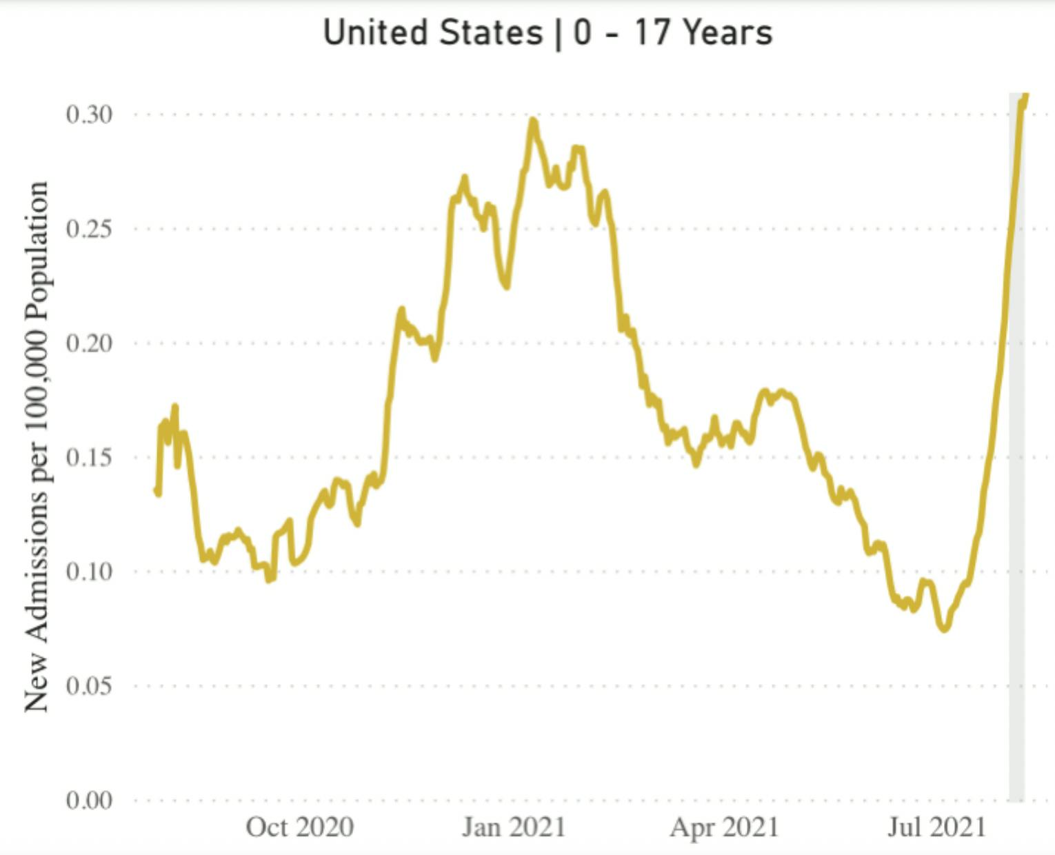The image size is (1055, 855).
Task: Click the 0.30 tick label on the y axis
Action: (89, 114)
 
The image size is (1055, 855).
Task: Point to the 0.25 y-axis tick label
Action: (89, 229)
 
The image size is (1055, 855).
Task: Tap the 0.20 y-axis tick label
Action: (89, 343)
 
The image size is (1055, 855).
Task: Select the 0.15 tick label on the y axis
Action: (89, 458)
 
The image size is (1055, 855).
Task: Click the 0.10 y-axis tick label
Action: (89, 572)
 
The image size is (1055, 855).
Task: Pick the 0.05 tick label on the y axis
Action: (89, 686)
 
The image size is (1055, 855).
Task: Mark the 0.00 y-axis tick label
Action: (89, 801)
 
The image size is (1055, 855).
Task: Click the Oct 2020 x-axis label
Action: (300, 827)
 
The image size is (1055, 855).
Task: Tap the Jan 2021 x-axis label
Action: (514, 827)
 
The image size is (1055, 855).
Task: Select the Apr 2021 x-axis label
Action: (724, 827)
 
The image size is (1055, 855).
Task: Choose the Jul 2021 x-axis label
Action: (936, 827)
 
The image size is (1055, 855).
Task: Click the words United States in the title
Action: (433, 32)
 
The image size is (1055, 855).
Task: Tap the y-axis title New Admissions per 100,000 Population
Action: (37, 447)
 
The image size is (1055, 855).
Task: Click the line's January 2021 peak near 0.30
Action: (532, 121)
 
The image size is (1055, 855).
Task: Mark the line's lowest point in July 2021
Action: (944, 628)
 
